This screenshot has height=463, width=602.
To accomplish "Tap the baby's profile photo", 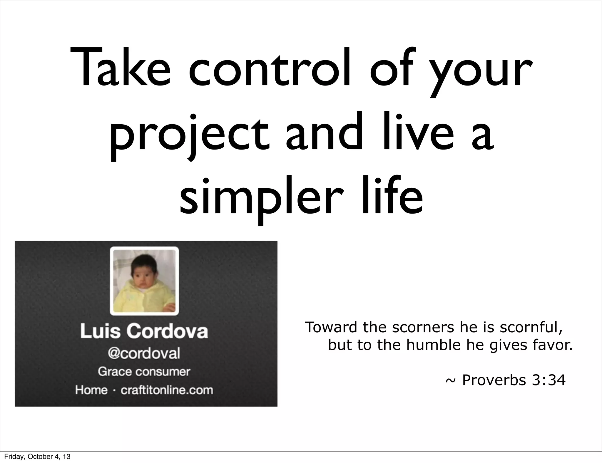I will (144, 281).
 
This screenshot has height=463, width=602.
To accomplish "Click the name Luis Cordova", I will (144, 331).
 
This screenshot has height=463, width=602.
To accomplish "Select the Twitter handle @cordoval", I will (144, 353).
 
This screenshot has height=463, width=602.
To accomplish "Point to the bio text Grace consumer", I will (144, 372).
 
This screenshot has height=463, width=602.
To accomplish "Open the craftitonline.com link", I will (167, 390).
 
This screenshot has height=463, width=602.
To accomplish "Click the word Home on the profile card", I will (91, 390).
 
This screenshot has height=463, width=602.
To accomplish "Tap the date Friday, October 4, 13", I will (37, 457).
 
